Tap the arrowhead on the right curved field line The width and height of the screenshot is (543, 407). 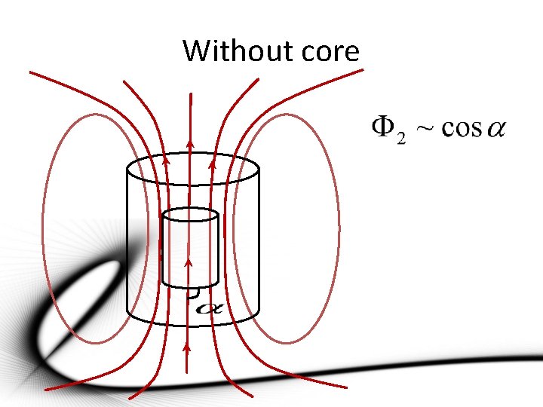[212, 159]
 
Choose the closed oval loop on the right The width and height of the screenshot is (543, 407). [339, 226]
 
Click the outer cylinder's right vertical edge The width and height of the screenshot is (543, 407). [260, 241]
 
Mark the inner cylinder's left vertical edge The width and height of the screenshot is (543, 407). [163, 249]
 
